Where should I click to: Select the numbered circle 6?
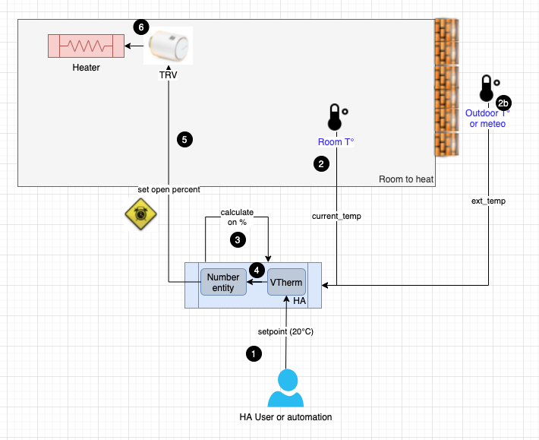[140, 27]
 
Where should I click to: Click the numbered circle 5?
[183, 139]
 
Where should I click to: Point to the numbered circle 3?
[238, 239]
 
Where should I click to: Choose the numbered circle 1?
[254, 353]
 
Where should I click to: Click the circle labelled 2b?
[503, 103]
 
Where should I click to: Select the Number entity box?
[223, 283]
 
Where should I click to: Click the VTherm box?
[286, 283]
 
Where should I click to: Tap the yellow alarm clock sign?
[141, 214]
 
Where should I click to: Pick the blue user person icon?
[285, 388]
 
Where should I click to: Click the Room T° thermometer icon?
[335, 118]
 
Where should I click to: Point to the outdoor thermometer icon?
[486, 89]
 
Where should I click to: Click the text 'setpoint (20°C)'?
[286, 331]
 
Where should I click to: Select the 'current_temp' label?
[336, 217]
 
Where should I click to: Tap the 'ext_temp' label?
[488, 201]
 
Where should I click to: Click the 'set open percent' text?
[169, 189]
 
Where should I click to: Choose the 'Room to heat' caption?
[405, 179]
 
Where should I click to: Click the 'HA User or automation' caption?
[285, 417]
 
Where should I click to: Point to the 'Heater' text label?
[86, 68]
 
